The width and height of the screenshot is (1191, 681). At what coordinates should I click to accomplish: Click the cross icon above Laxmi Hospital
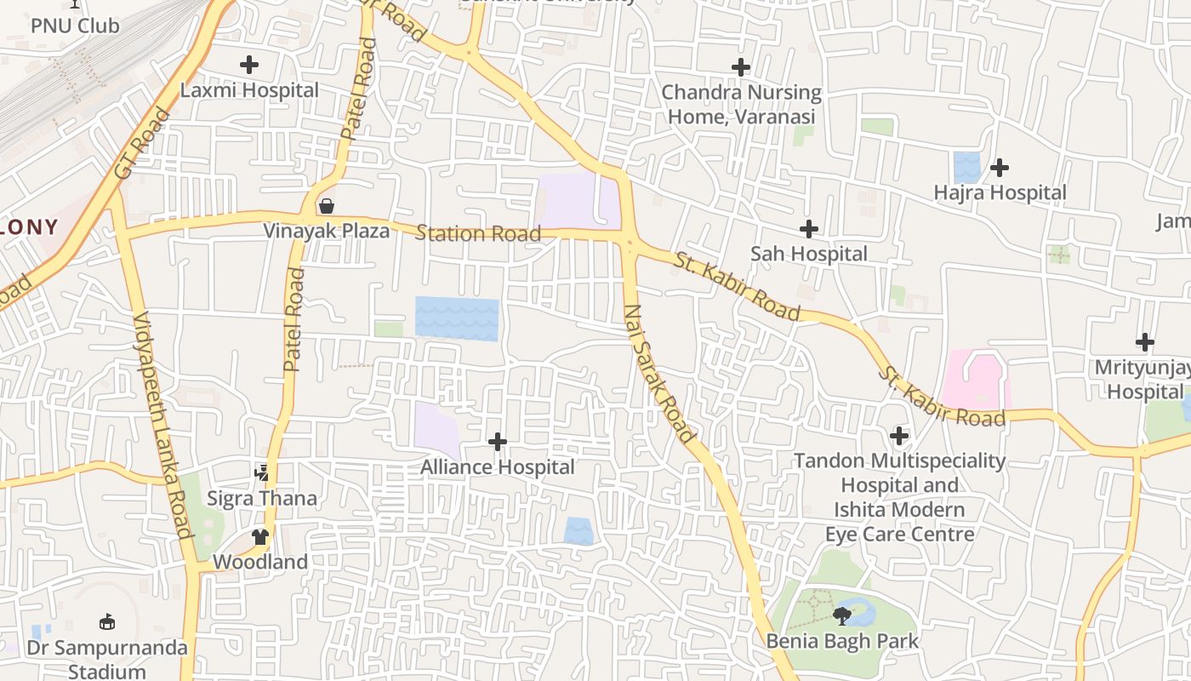(x=249, y=65)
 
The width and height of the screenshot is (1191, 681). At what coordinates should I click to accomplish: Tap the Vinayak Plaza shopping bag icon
(x=326, y=206)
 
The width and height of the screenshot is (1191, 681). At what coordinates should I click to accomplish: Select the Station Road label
(x=478, y=233)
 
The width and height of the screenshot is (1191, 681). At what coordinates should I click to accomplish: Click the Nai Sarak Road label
(x=658, y=373)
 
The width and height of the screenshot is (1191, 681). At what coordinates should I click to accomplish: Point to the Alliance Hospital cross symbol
(x=498, y=442)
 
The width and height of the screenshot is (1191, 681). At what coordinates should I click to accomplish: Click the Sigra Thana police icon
(x=262, y=472)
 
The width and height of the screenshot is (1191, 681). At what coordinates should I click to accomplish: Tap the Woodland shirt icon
(x=259, y=537)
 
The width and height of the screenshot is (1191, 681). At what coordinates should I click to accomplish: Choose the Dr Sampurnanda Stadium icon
(x=107, y=622)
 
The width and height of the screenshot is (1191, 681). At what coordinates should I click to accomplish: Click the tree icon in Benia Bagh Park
(x=842, y=615)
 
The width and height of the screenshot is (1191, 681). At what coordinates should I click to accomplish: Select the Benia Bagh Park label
(x=842, y=641)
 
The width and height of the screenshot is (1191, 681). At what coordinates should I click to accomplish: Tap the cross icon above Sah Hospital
(x=809, y=229)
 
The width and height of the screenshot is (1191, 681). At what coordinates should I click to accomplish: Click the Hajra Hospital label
(x=1000, y=193)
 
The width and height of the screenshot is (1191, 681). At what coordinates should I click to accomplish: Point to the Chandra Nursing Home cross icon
(x=741, y=67)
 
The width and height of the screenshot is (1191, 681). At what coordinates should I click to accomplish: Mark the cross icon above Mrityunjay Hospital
(x=1145, y=342)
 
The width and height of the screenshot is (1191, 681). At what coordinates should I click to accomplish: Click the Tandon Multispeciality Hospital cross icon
(x=899, y=437)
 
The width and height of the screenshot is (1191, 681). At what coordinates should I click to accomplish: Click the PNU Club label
(x=75, y=26)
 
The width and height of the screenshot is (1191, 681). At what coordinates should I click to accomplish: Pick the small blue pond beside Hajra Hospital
(x=966, y=167)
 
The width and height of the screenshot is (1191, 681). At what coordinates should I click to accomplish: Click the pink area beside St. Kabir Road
(x=974, y=378)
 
